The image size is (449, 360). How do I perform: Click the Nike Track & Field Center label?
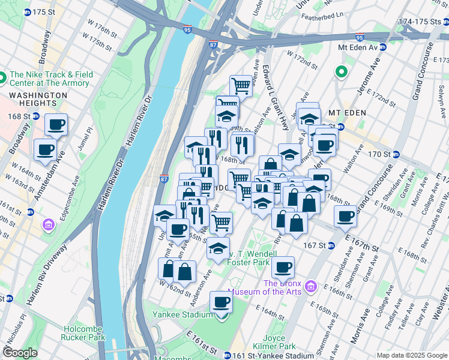click(x=51, y=79)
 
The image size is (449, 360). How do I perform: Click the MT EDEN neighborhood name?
click(x=348, y=113)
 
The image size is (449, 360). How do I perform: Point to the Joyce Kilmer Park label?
click(x=279, y=342)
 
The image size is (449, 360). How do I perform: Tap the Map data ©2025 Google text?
click(x=412, y=355)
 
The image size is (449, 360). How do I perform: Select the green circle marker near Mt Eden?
click(x=342, y=73)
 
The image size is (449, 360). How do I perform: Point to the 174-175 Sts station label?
click(x=423, y=21)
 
